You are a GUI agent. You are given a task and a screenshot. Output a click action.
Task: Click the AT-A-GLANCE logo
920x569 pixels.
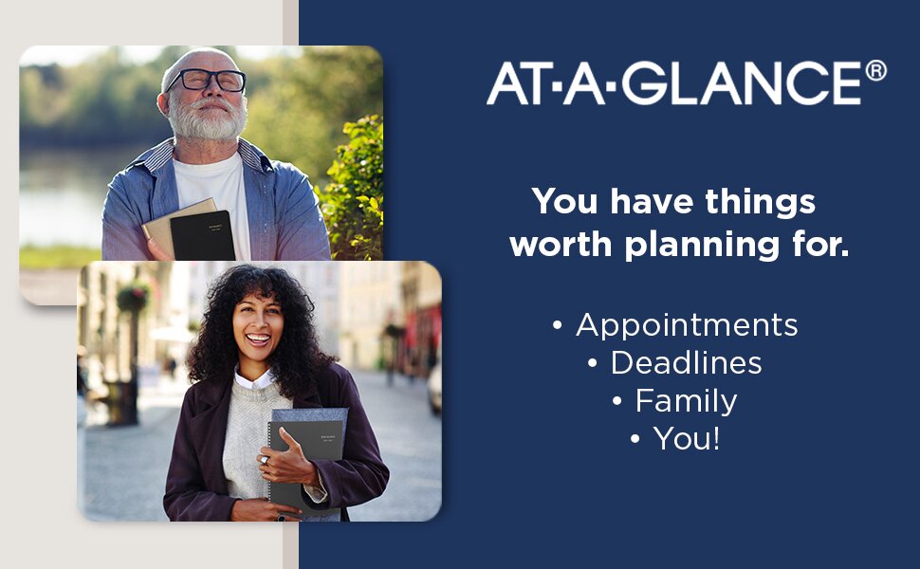pos(686,83)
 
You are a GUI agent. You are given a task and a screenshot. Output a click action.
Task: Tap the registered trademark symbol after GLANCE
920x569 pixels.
pos(876,70)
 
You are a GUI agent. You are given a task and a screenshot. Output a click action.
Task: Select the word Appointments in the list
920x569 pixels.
pos(687,326)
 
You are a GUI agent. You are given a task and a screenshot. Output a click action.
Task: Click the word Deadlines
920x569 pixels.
pos(686,362)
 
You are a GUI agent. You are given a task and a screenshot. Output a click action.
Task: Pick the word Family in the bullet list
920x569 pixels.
pos(686,402)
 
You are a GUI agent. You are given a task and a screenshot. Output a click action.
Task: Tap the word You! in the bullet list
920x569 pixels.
pos(687,438)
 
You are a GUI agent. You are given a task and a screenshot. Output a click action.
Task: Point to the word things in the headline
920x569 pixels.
pos(761,203)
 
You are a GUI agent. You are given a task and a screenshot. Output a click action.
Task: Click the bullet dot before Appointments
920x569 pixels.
pos(558,325)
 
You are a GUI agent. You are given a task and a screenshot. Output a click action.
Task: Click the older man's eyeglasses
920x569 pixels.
pos(206,80)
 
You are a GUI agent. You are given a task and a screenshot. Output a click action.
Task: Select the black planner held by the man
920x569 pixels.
pos(202,235)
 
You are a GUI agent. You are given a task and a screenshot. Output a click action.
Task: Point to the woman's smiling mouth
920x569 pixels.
pos(258,339)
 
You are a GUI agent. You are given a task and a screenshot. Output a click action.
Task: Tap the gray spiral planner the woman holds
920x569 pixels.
pos(305,464)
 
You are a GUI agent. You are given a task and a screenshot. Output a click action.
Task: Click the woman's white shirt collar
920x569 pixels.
pos(253,379)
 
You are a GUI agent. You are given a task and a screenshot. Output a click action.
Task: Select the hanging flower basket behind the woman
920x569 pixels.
pos(133,297)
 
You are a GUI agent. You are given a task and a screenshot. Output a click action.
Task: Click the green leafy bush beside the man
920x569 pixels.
pos(351,188)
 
